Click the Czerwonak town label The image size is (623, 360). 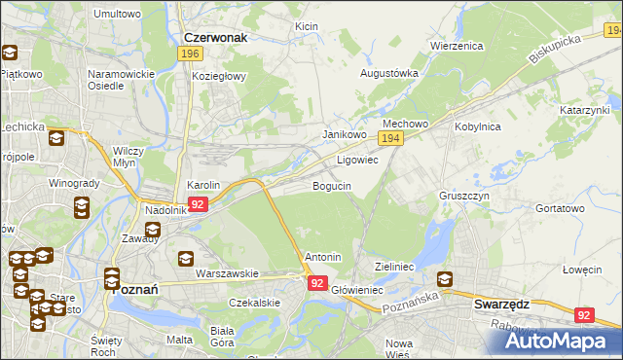point(216,37)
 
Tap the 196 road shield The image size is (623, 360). point(191,54)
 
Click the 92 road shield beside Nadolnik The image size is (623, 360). point(198,204)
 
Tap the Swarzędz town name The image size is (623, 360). point(501,304)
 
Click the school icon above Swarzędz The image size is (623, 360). point(446,280)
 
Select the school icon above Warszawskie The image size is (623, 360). point(186,259)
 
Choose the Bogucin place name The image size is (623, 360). point(331,185)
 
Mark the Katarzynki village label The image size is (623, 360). point(583,111)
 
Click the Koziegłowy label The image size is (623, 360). point(220,76)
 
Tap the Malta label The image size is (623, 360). point(179,340)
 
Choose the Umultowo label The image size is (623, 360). point(116,15)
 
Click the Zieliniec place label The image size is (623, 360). point(395,266)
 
